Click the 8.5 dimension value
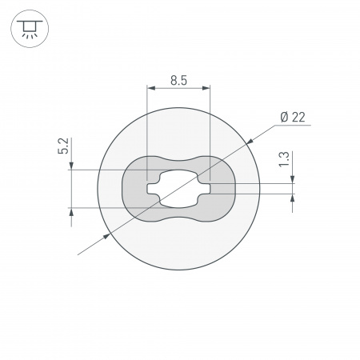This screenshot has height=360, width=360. click(178, 79)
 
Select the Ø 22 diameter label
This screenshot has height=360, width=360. click(293, 118)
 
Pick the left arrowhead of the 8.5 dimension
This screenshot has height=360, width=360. click(151, 90)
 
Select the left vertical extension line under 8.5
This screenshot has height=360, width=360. click(148, 128)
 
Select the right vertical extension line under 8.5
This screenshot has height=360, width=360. click(209, 128)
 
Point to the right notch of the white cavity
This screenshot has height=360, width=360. click(206, 190)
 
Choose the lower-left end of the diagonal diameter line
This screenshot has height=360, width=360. click(78, 254)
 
